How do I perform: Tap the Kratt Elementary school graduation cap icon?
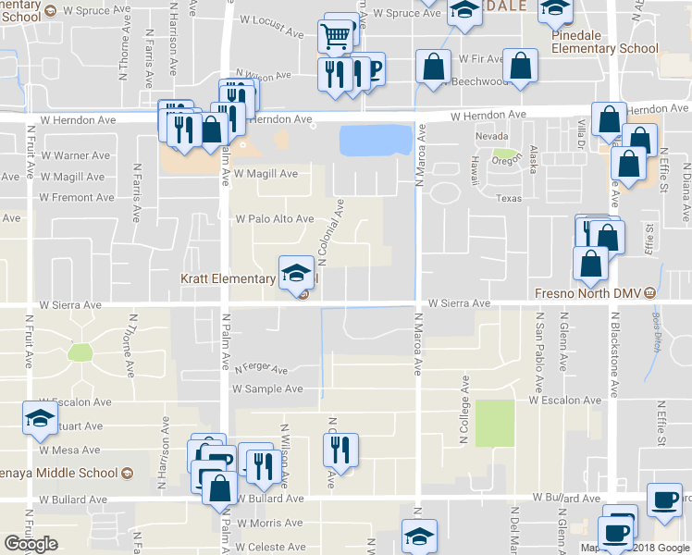[296, 272]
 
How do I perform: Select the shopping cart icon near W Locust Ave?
[335, 38]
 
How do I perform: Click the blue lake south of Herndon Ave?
[375, 141]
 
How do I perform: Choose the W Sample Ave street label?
[267, 389]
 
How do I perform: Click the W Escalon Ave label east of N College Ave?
[565, 401]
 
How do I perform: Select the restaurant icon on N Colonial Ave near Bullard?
[340, 450]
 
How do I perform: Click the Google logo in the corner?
[31, 544]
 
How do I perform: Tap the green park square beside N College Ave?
[494, 423]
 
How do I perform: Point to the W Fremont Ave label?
[77, 197]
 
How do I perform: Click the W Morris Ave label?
[268, 523]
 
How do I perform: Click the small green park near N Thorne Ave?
[80, 351]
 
